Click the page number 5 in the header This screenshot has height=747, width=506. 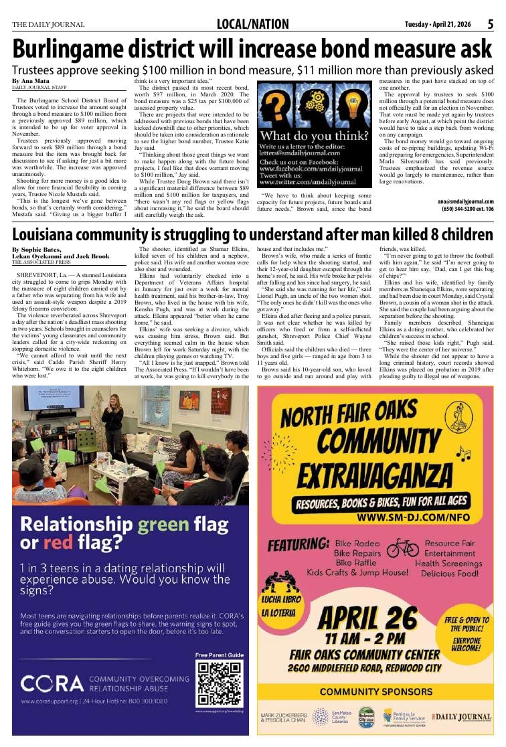pyautogui.click(x=490, y=25)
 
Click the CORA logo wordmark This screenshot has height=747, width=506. pyautogui.click(x=52, y=683)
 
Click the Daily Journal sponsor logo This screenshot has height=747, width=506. pyautogui.click(x=462, y=717)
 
